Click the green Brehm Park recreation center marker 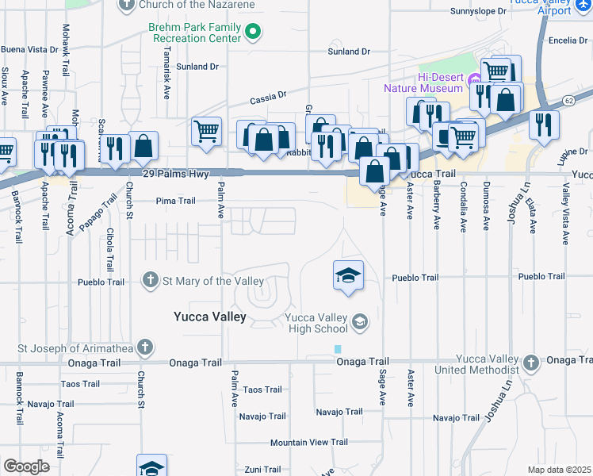click(254, 33)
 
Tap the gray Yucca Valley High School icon click(360, 321)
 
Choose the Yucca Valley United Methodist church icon click(531, 363)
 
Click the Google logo click(26, 466)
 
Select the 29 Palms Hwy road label click(170, 173)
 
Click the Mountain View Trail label click(309, 442)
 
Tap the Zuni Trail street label click(263, 470)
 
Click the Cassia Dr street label click(268, 99)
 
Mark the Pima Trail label click(175, 201)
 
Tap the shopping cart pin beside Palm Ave click(206, 130)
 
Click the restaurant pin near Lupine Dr click(544, 124)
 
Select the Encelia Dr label click(566, 40)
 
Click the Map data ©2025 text click(559, 470)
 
